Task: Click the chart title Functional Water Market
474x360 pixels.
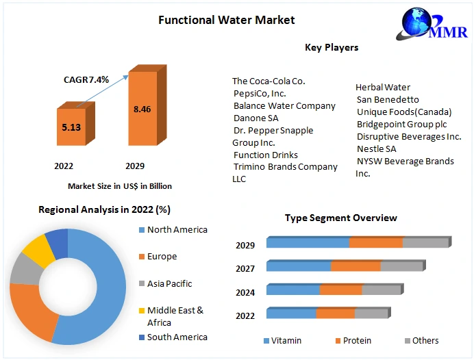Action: click(x=227, y=20)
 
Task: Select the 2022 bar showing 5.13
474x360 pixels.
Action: click(x=71, y=127)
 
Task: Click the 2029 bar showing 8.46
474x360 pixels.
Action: click(x=142, y=109)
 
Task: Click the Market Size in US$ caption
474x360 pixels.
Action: click(x=120, y=185)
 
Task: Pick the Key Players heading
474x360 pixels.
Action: click(x=332, y=47)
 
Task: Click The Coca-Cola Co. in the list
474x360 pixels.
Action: click(x=269, y=81)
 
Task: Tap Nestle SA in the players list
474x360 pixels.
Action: click(x=376, y=149)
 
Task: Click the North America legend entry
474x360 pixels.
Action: click(x=177, y=230)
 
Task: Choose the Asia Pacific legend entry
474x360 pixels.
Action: click(x=169, y=283)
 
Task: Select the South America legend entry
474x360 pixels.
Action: click(x=177, y=337)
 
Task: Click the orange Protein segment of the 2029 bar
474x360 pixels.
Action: click(x=375, y=242)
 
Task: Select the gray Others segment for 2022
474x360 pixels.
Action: click(x=371, y=313)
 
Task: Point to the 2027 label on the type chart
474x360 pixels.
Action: click(x=245, y=269)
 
